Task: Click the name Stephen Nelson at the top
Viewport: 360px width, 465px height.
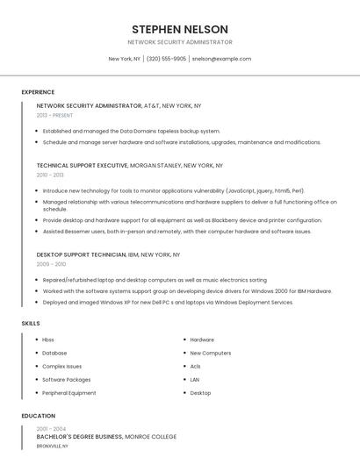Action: click(x=179, y=29)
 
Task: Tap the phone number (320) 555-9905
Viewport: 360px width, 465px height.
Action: click(x=166, y=59)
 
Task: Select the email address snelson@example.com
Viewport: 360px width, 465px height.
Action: click(x=221, y=59)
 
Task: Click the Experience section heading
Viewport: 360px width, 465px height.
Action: click(x=38, y=92)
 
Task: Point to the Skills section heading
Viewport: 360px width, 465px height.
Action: click(x=31, y=323)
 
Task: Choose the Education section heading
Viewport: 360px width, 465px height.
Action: click(x=38, y=416)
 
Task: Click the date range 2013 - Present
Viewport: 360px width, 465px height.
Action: click(x=54, y=115)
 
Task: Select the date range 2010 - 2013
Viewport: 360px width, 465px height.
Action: click(x=50, y=175)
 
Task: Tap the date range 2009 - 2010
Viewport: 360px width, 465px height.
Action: click(x=51, y=263)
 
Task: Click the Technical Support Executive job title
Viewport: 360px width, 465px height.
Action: click(x=82, y=165)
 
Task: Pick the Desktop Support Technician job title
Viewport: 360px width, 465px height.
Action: click(x=82, y=254)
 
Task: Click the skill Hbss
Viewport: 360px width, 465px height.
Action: click(x=48, y=340)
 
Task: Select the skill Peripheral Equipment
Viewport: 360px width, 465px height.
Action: click(x=69, y=393)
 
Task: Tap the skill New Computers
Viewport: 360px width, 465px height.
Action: click(x=211, y=353)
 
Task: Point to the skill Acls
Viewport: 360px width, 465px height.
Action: click(x=196, y=366)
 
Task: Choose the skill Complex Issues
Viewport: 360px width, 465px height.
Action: click(x=62, y=366)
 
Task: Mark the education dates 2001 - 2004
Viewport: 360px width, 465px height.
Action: click(x=51, y=428)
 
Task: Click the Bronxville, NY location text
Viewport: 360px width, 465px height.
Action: click(x=53, y=446)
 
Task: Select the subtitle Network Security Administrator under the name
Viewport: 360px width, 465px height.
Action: click(x=179, y=42)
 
